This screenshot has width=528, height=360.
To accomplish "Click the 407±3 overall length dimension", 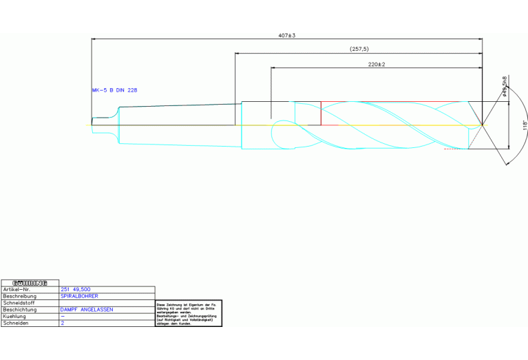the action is point(287,35).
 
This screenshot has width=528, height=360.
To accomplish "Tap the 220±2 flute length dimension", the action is point(376,64).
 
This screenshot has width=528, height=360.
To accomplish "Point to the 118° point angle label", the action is point(524,125).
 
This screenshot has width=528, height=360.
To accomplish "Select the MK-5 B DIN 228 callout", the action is point(115,90).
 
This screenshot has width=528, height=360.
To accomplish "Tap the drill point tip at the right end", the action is point(482,125).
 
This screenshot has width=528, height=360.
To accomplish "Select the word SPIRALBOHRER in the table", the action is point(79,296).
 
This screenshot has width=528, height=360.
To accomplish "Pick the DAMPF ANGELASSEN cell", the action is point(87,310).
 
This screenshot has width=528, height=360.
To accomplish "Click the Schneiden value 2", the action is point(63,323).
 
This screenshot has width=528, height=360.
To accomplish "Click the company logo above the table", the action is point(30,283).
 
